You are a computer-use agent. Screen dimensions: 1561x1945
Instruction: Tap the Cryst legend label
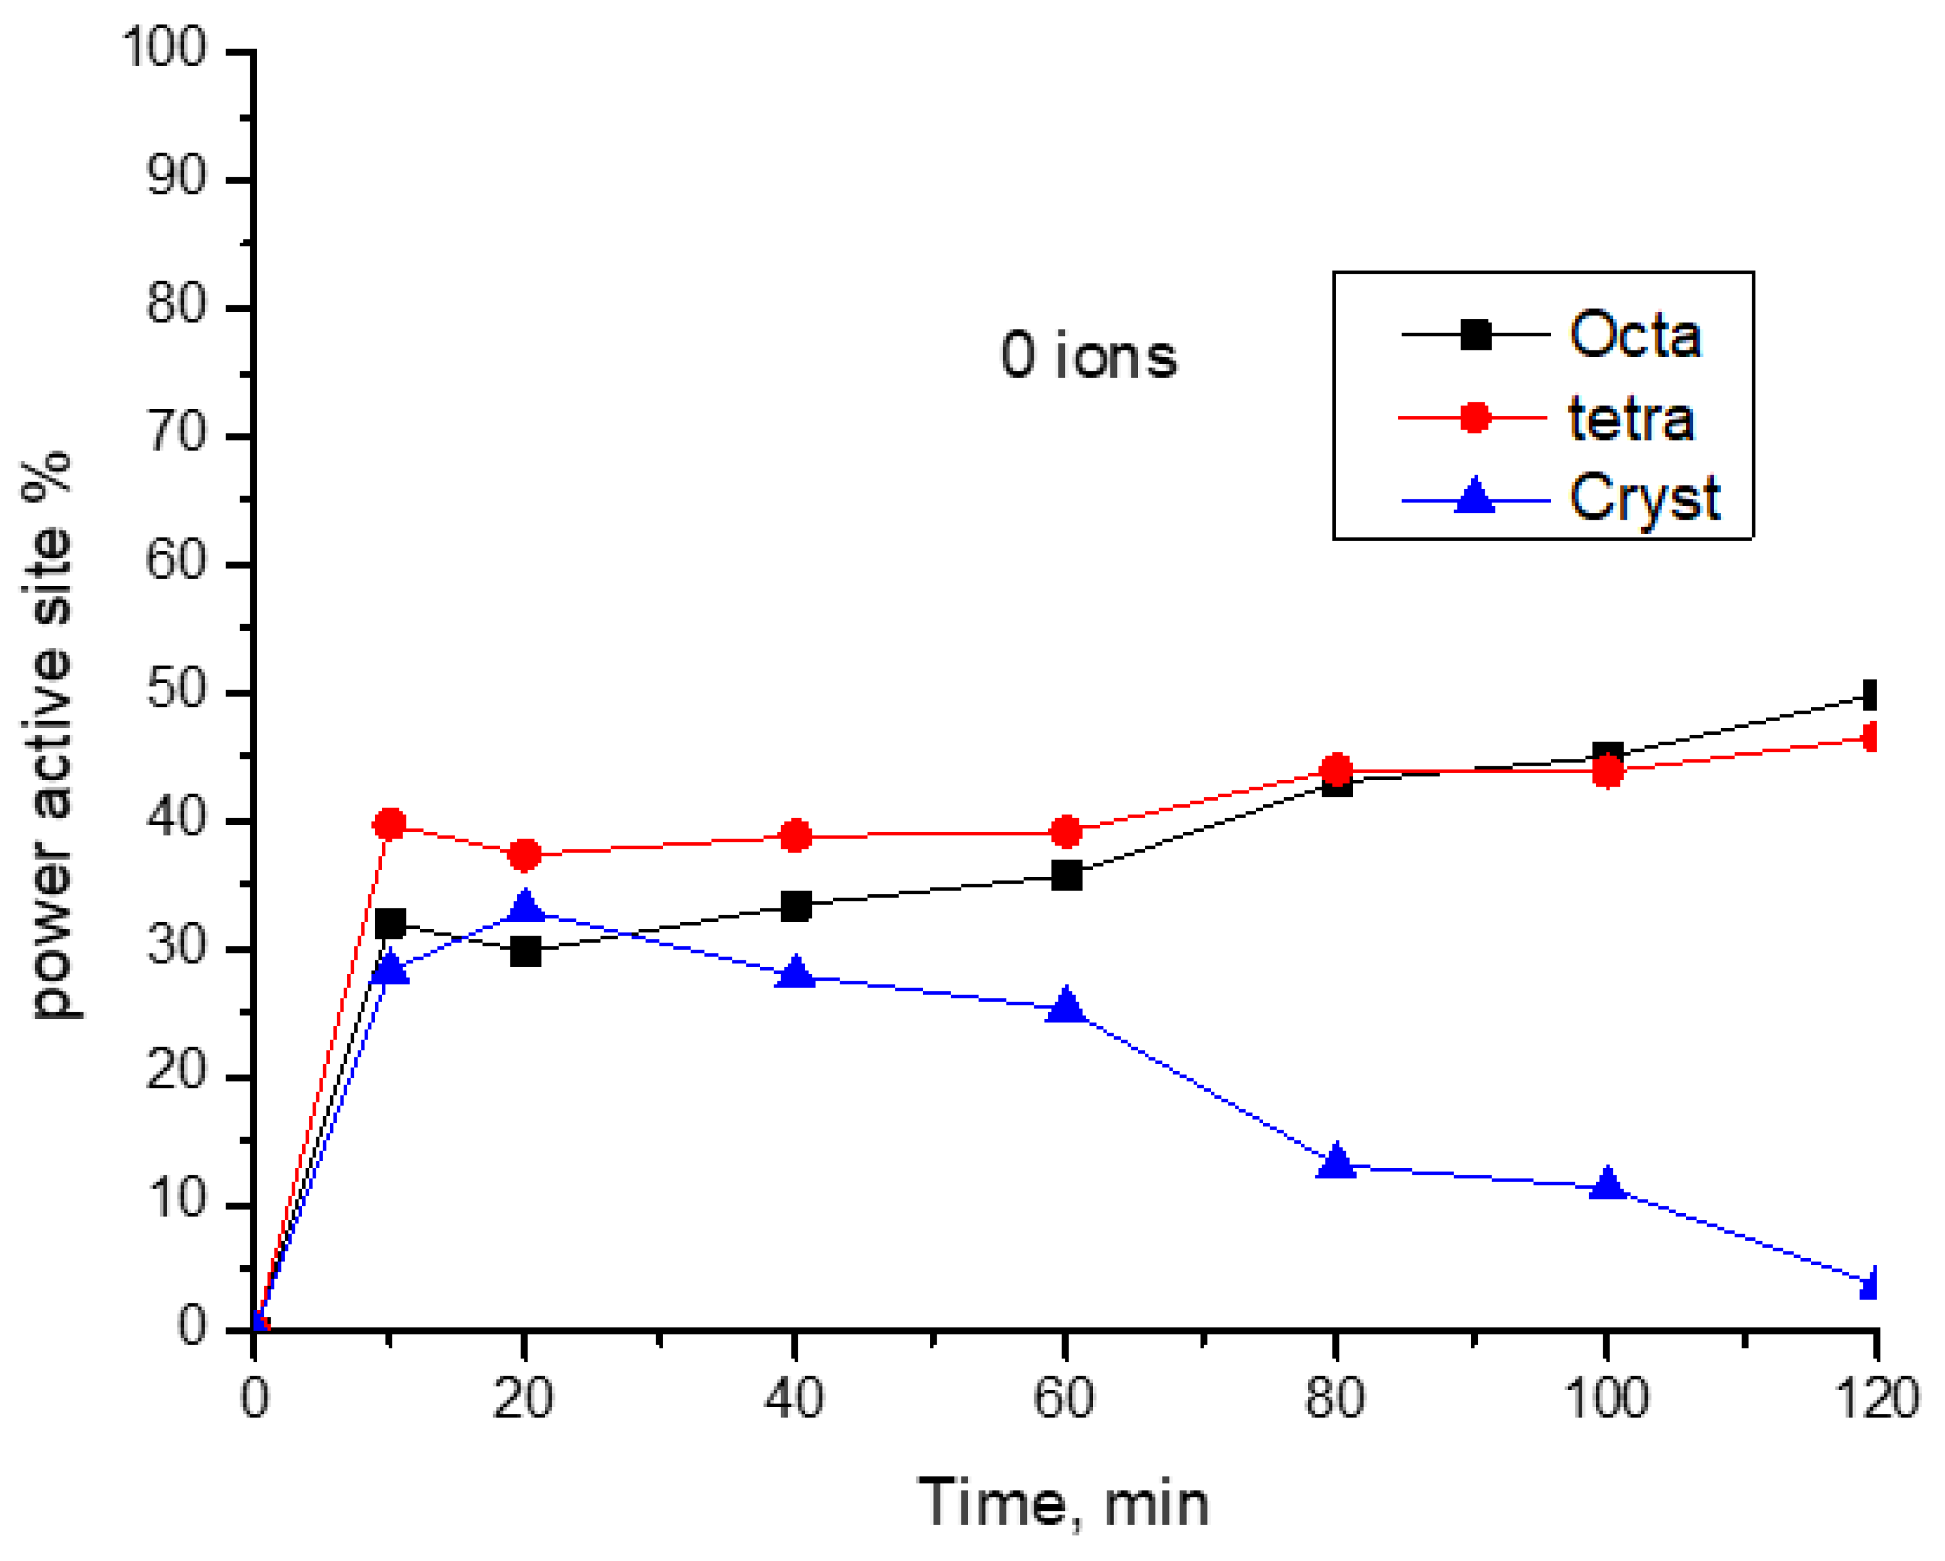[1643, 498]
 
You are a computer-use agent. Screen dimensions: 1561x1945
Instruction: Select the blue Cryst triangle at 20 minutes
[525, 905]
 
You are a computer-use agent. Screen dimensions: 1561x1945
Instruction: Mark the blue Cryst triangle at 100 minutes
[1606, 1183]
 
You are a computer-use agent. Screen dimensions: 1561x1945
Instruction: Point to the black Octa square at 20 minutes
[525, 951]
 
